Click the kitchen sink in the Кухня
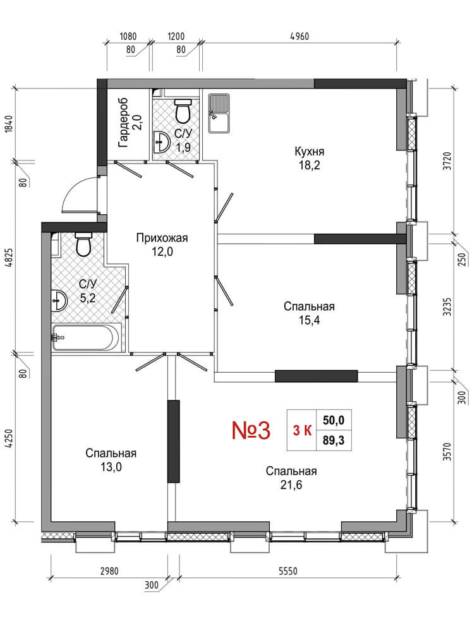(219, 113)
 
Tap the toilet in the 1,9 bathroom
(183, 111)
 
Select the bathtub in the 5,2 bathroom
(86, 337)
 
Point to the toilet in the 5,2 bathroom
(83, 244)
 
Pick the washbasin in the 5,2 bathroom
(59, 301)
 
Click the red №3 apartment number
(251, 430)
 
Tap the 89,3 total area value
(334, 440)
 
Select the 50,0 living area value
(334, 420)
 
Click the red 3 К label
(302, 430)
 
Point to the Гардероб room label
(124, 123)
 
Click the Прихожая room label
(162, 238)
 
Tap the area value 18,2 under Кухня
(309, 165)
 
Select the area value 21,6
(291, 485)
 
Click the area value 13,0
(111, 467)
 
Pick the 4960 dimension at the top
(300, 37)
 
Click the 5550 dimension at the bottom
(288, 571)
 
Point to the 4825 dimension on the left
(9, 258)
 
